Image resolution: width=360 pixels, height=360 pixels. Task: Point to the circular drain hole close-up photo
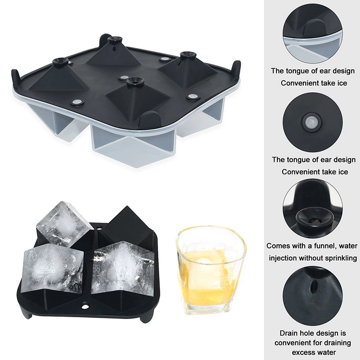tap(312, 296)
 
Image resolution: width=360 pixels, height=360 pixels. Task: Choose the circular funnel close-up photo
tap(312, 209)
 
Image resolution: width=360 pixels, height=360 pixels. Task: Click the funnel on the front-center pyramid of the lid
tap(134, 81)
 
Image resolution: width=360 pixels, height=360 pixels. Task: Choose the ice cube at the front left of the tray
tap(52, 268)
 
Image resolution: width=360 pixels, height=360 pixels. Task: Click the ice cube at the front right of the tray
tap(122, 268)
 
